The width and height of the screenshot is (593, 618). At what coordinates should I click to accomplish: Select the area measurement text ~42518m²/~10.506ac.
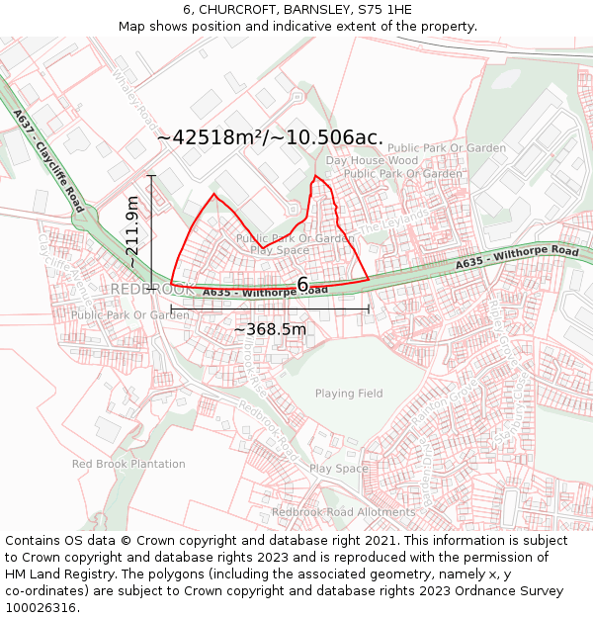pyautogui.click(x=270, y=138)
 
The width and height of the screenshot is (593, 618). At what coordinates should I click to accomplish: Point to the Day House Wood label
pyautogui.click(x=372, y=160)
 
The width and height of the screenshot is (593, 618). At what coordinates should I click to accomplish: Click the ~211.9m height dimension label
pyautogui.click(x=132, y=232)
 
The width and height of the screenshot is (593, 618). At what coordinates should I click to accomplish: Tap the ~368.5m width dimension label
pyautogui.click(x=270, y=328)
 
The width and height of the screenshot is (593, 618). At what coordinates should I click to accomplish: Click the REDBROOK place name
pyautogui.click(x=153, y=289)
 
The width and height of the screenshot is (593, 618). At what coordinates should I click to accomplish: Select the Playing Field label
pyautogui.click(x=349, y=394)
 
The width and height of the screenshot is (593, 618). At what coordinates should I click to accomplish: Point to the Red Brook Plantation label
pyautogui.click(x=128, y=464)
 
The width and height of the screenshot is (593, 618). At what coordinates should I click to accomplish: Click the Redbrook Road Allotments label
pyautogui.click(x=344, y=512)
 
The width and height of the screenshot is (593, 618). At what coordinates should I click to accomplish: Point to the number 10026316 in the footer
pyautogui.click(x=41, y=607)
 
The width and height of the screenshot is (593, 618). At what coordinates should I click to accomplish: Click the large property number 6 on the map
pyautogui.click(x=302, y=285)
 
